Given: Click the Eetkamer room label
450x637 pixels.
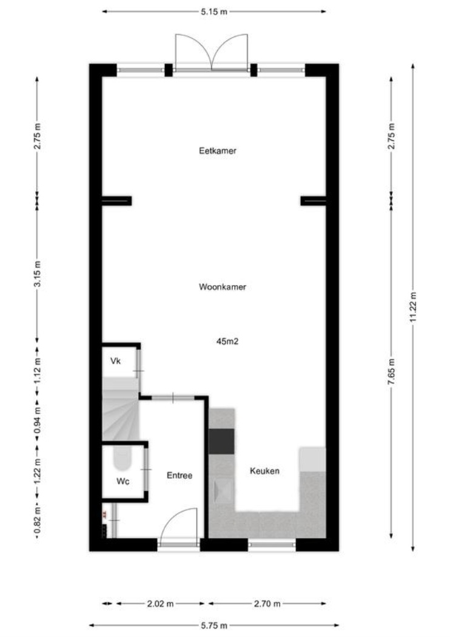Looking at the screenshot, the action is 217,150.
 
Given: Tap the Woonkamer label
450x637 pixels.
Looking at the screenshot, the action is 222,287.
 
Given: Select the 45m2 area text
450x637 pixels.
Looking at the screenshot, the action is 227,342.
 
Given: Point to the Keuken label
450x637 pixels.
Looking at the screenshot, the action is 264,471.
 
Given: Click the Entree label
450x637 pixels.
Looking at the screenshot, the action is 180,475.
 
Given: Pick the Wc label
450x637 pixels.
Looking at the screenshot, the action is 123,482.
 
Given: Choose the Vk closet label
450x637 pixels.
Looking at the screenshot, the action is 115,361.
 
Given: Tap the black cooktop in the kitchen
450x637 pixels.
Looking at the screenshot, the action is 222,441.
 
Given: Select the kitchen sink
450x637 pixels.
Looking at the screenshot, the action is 224,491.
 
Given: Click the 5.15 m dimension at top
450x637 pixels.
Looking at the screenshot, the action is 214,12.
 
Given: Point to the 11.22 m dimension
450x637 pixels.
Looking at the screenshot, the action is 413,307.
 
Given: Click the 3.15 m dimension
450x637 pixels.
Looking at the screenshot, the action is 38,274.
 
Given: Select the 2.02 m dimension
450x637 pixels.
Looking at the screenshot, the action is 160,604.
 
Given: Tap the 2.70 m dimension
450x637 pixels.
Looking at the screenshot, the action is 267,604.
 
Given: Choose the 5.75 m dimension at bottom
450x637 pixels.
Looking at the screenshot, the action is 214,625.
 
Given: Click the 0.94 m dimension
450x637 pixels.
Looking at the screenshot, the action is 38,420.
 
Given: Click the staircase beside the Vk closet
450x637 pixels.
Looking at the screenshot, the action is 121,409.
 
